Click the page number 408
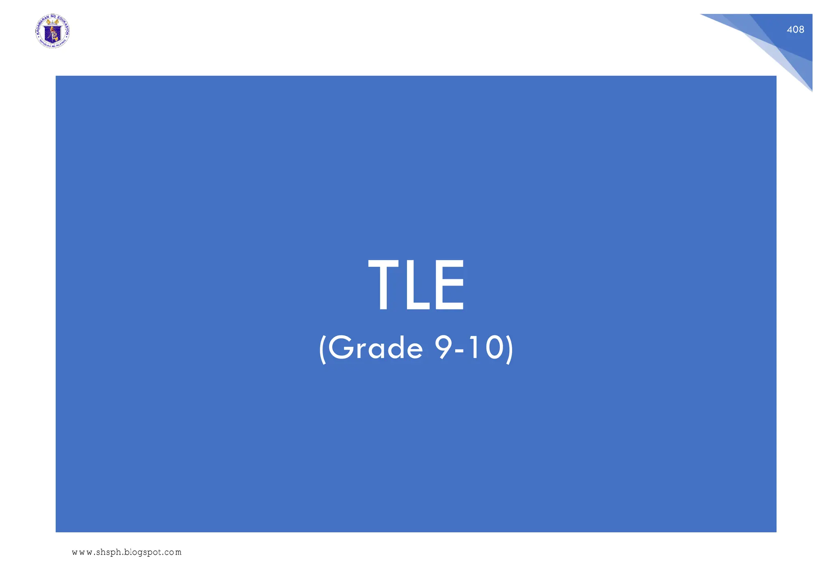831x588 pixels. (x=795, y=30)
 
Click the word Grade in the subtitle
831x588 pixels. (x=375, y=348)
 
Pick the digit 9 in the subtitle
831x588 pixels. (x=443, y=348)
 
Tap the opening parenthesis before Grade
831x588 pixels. (x=323, y=349)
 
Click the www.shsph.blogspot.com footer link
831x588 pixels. (x=127, y=552)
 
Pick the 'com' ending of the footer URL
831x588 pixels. (x=173, y=553)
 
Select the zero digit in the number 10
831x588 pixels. (x=495, y=348)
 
